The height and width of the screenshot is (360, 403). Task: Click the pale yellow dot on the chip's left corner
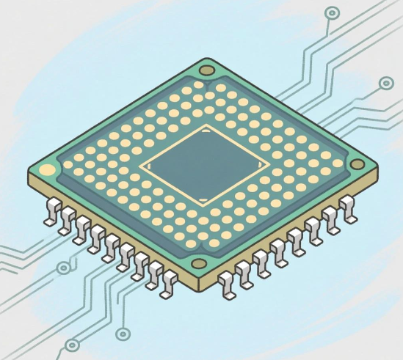[48, 171]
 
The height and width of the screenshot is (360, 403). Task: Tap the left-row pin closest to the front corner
[170, 283]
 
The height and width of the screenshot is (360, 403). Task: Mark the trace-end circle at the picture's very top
[332, 12]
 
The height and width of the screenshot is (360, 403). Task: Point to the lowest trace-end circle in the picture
[72, 345]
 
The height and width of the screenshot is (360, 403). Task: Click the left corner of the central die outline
[139, 166]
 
